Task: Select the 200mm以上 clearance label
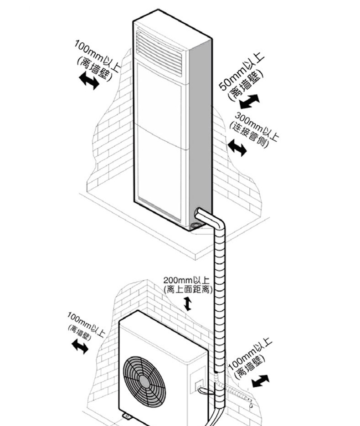tap(183, 280)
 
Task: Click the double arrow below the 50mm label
tap(249, 101)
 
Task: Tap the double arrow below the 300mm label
tap(237, 147)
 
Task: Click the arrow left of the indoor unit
tap(89, 82)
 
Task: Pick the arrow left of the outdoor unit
tap(80, 347)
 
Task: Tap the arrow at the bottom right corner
tap(260, 380)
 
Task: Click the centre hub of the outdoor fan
tap(144, 380)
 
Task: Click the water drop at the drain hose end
tap(251, 403)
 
